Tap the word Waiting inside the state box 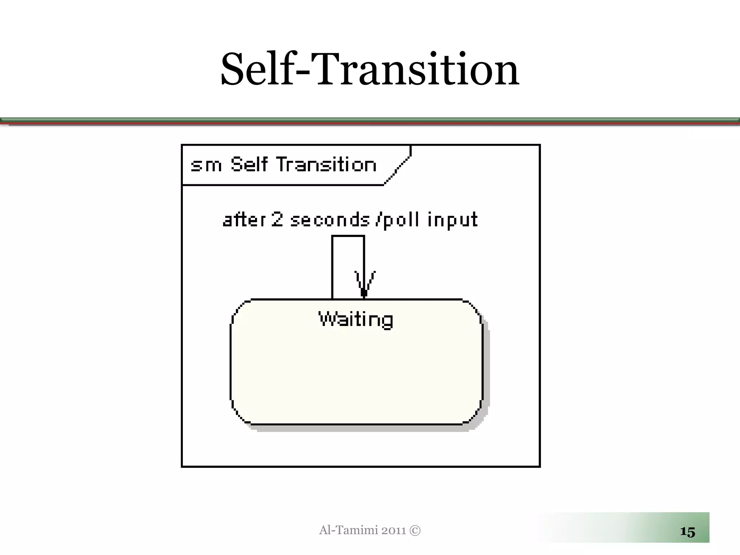[x=356, y=320]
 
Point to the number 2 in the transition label [x=277, y=219]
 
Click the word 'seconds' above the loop [x=330, y=220]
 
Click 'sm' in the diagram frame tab [x=206, y=165]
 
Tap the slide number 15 [x=687, y=532]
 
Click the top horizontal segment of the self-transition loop [x=348, y=236]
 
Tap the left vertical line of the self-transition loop [x=332, y=267]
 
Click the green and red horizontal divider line [x=370, y=121]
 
